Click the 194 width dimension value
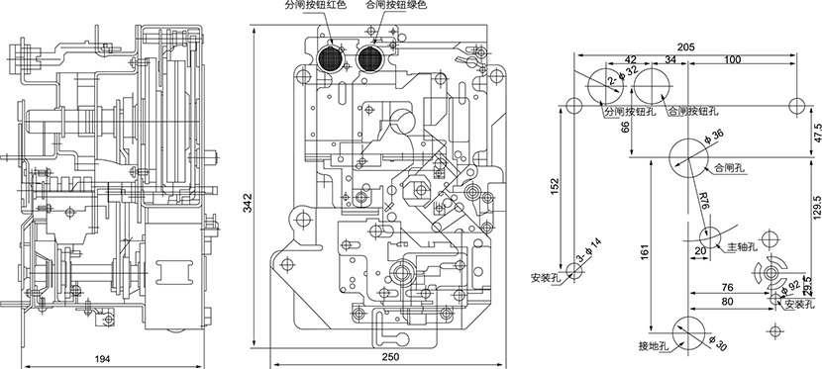(x=102, y=358)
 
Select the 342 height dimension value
(x=248, y=202)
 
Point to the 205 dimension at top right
(x=685, y=47)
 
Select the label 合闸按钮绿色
(x=396, y=5)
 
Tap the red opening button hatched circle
(x=331, y=57)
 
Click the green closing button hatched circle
(x=370, y=57)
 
